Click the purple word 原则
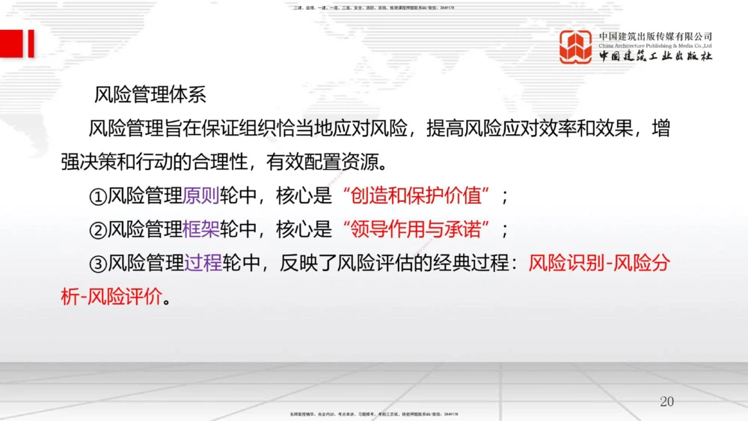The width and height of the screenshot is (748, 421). [x=201, y=196]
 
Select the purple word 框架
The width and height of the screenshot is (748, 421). [x=201, y=229]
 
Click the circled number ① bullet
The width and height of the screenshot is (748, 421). [x=98, y=197]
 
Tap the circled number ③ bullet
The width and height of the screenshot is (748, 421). [x=98, y=264]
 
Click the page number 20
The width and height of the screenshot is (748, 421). [x=666, y=402]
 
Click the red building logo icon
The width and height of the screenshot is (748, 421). [x=575, y=46]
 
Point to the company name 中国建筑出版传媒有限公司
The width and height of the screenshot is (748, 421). [x=655, y=36]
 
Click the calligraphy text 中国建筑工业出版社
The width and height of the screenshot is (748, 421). [x=655, y=57]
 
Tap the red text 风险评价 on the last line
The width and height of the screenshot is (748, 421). [x=124, y=296]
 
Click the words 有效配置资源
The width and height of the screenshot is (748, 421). [x=345, y=161]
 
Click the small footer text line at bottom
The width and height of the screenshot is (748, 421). [x=373, y=414]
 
